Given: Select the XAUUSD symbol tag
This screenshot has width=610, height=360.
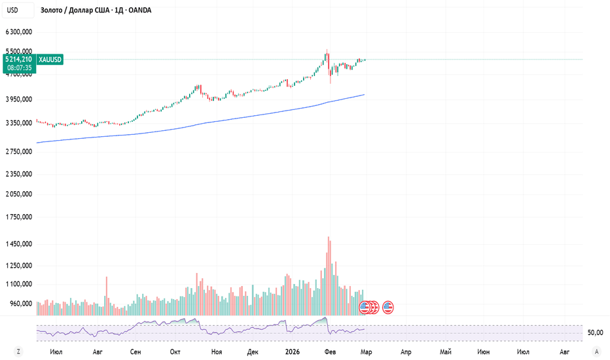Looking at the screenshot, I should pyautogui.click(x=50, y=60).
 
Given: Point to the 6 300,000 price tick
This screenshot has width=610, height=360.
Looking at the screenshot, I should pyautogui.click(x=19, y=32).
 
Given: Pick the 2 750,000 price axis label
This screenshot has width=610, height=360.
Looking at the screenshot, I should pyautogui.click(x=19, y=151).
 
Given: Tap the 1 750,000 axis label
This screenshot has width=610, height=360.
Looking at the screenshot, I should pyautogui.click(x=19, y=217).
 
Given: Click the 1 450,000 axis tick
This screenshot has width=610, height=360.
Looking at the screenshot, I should pyautogui.click(x=19, y=244).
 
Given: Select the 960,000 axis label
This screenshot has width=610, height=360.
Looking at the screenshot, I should pyautogui.click(x=21, y=304).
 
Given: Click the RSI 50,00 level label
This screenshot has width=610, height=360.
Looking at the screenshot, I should pyautogui.click(x=595, y=333).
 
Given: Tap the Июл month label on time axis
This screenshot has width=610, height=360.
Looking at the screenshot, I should pyautogui.click(x=56, y=351).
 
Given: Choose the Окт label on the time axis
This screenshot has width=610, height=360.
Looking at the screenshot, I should pyautogui.click(x=175, y=351).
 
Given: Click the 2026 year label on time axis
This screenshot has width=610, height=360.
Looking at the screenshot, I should pyautogui.click(x=291, y=351).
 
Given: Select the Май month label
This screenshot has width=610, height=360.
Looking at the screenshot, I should pyautogui.click(x=446, y=351).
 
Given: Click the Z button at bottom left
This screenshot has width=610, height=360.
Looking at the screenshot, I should pyautogui.click(x=19, y=351).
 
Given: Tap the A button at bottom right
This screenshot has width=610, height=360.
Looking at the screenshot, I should pyautogui.click(x=596, y=351).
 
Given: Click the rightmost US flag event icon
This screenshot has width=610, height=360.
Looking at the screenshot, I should pyautogui.click(x=388, y=306).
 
